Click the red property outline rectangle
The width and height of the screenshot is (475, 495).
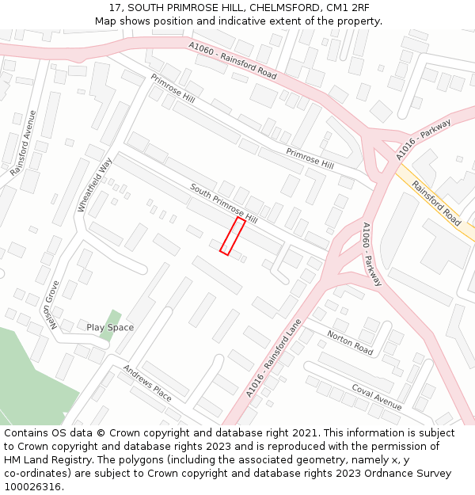click(232, 237)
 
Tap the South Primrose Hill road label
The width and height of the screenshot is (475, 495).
click(224, 204)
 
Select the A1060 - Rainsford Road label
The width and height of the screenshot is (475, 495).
click(233, 60)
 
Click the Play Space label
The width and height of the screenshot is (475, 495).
click(110, 327)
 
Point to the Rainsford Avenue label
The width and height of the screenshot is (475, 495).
click(23, 143)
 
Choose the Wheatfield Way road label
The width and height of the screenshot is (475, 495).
click(95, 184)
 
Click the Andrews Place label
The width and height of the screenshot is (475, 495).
click(147, 383)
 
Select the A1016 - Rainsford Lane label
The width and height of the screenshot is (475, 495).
click(273, 357)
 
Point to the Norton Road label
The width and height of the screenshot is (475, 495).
click(349, 342)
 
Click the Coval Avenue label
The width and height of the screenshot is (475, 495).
click(377, 392)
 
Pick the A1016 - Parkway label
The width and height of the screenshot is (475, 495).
click(424, 139)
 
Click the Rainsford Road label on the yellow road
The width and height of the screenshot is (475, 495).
click(436, 205)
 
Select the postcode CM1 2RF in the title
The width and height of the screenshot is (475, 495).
click(345, 7)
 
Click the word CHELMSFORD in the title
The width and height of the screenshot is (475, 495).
click(271, 7)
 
